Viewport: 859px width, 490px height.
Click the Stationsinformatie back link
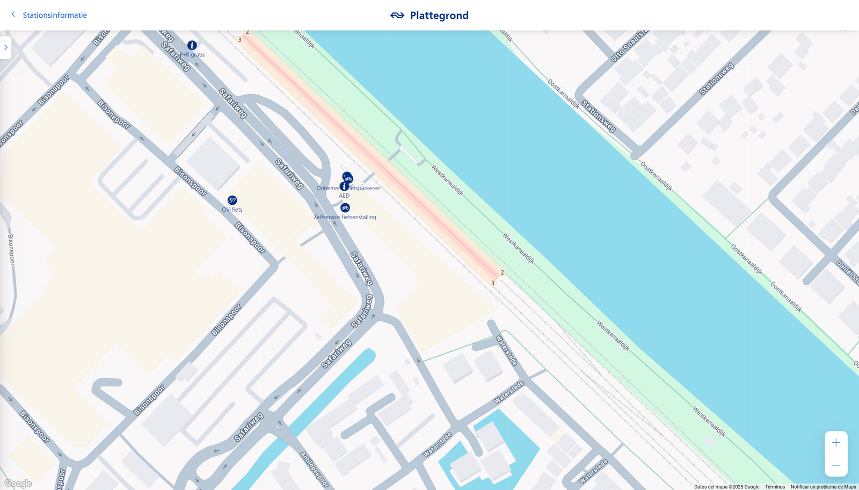click(54, 15)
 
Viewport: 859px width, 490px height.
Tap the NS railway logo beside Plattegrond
click(397, 16)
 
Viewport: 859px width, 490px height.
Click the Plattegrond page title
click(439, 16)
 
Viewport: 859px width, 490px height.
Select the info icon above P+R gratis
click(192, 45)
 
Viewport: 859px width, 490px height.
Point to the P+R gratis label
click(192, 55)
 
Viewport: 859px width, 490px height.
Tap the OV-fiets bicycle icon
click(232, 200)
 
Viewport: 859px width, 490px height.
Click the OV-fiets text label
click(232, 210)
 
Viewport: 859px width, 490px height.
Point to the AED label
click(344, 196)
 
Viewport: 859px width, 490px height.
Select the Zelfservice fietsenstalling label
click(345, 217)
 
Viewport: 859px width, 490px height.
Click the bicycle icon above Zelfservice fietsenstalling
click(345, 207)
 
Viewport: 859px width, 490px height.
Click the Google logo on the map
click(18, 484)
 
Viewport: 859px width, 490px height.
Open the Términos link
click(775, 487)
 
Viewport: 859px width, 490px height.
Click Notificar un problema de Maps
click(823, 487)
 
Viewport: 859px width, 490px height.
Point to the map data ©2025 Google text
click(726, 487)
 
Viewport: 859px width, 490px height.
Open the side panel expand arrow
click(5, 47)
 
